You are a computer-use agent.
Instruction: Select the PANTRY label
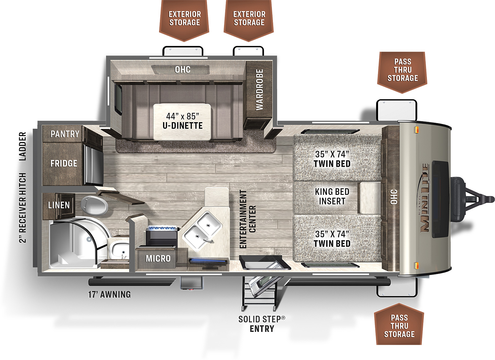coord(65,134)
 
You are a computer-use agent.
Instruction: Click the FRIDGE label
coord(64,163)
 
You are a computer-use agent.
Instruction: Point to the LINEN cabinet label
coord(59,205)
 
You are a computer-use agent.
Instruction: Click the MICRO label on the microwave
coord(158,259)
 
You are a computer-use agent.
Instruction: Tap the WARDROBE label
coord(260,90)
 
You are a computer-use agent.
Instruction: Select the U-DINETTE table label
coord(183,126)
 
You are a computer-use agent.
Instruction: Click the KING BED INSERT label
coord(332,196)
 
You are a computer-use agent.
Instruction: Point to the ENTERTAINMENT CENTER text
coord(247,219)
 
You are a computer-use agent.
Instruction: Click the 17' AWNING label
coord(110,294)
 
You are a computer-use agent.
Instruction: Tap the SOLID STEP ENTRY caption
coord(262,324)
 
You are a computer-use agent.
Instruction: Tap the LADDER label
coord(23,146)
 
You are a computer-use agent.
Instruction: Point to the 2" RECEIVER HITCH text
coord(23,208)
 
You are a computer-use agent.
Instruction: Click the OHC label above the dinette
coord(183,70)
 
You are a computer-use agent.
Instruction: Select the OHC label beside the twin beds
coord(394,197)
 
